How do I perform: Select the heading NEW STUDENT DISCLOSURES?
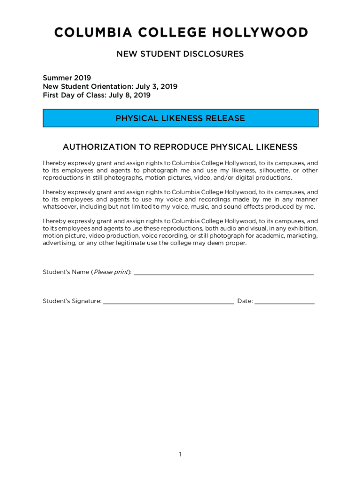coord(180,54)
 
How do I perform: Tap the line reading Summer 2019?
coord(67,78)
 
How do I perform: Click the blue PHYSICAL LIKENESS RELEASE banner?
coord(180,118)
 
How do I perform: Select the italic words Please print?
coord(111,272)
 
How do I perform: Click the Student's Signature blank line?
coord(168,303)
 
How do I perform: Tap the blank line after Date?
coord(284,303)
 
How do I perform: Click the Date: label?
coord(245,301)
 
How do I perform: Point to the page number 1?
coord(180,455)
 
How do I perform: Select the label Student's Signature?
coord(72,301)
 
